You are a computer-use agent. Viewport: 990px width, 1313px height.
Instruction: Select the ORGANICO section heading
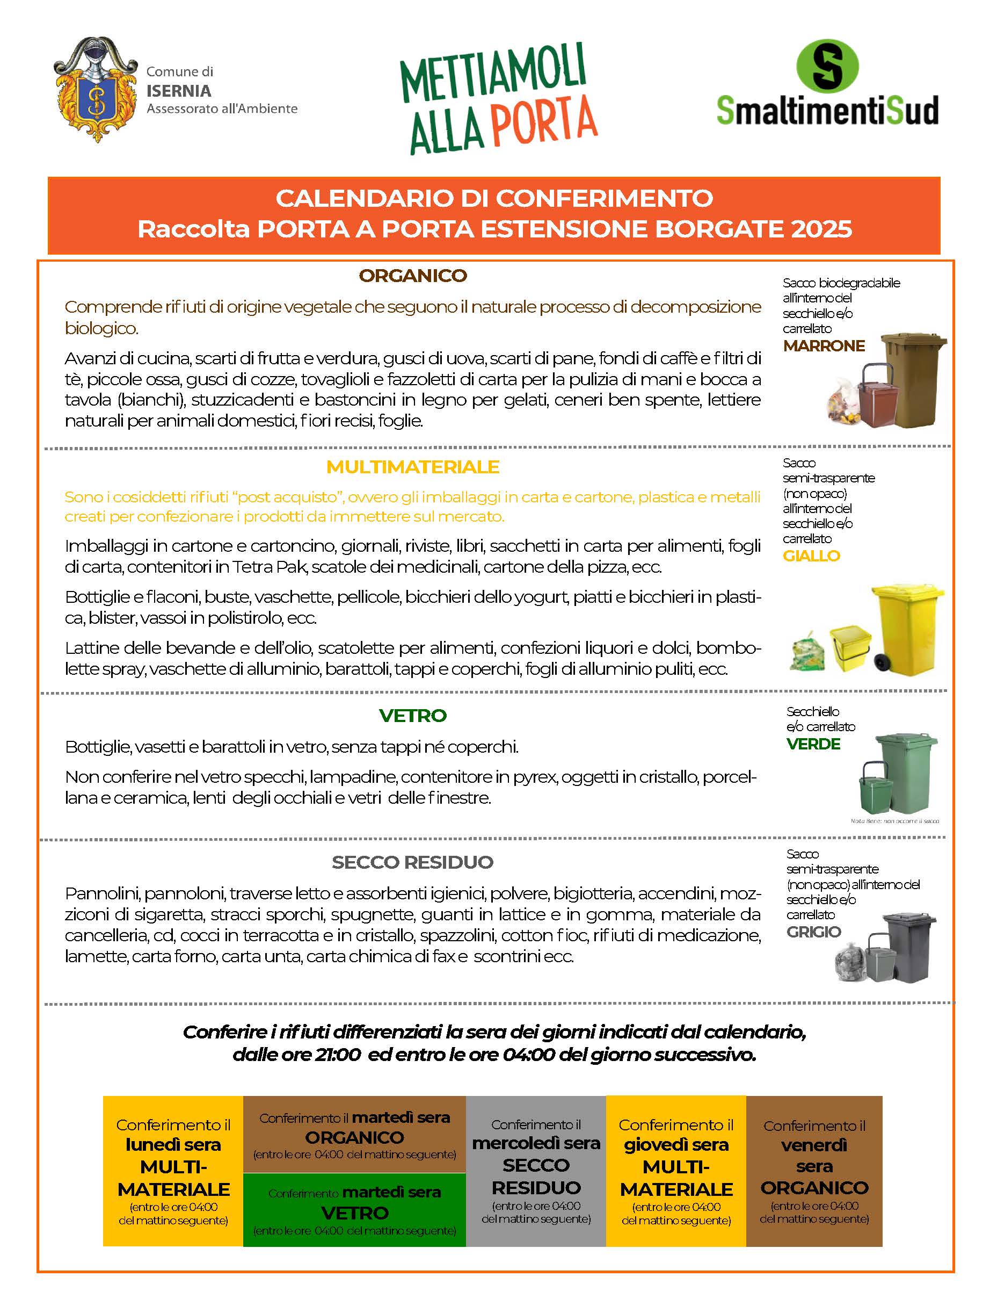(413, 276)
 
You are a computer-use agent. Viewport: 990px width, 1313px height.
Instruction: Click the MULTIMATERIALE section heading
(413, 467)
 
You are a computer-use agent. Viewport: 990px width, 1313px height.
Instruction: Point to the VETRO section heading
(413, 715)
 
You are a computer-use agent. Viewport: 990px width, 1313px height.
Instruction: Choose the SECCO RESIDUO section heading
(413, 862)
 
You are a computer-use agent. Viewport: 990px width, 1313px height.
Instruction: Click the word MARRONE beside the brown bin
(824, 345)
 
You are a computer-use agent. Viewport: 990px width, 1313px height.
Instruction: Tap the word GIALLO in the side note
(811, 555)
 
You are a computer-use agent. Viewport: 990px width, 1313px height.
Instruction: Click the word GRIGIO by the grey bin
(813, 932)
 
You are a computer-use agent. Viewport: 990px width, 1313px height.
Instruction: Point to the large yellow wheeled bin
(907, 629)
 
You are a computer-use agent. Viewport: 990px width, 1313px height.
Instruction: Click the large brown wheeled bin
(912, 380)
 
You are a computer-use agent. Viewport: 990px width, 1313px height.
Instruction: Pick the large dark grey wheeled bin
(909, 947)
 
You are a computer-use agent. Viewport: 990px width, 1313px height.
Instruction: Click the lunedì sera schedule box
(173, 1171)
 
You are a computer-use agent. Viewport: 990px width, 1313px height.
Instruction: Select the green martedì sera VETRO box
(355, 1209)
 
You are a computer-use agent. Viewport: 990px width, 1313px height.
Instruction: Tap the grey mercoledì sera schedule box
(536, 1171)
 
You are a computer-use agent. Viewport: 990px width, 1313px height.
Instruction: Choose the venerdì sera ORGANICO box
(814, 1171)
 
